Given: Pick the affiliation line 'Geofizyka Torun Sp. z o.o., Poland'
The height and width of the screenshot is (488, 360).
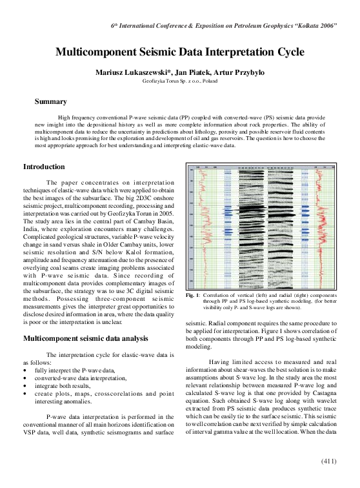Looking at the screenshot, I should [x=179, y=82].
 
